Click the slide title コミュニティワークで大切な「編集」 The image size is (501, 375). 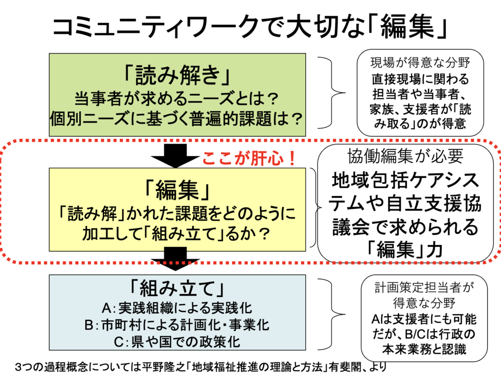(x=250, y=26)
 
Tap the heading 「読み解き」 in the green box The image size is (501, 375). (x=177, y=75)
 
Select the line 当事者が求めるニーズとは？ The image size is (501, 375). (x=177, y=99)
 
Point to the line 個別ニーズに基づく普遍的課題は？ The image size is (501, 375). (x=177, y=118)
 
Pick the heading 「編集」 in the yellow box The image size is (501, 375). (x=177, y=190)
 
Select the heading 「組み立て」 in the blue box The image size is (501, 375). (x=177, y=288)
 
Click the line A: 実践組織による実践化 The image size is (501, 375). (x=177, y=308)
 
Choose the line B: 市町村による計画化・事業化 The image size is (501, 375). (x=177, y=325)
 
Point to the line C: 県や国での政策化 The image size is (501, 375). (x=177, y=342)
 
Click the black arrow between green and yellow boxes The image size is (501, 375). (x=175, y=155)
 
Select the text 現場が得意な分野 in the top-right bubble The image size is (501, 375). (x=420, y=63)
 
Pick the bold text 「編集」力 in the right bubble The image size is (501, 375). (x=405, y=250)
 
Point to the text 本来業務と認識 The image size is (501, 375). (x=424, y=349)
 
